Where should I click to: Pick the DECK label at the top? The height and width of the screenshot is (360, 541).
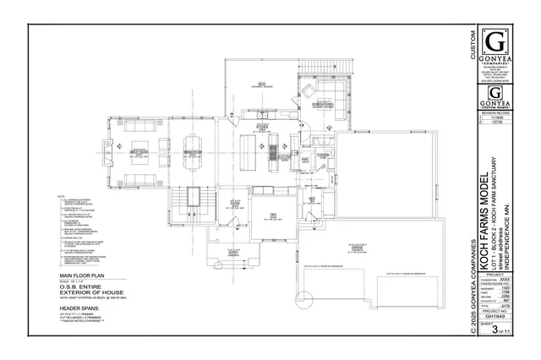click(x=262, y=84)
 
